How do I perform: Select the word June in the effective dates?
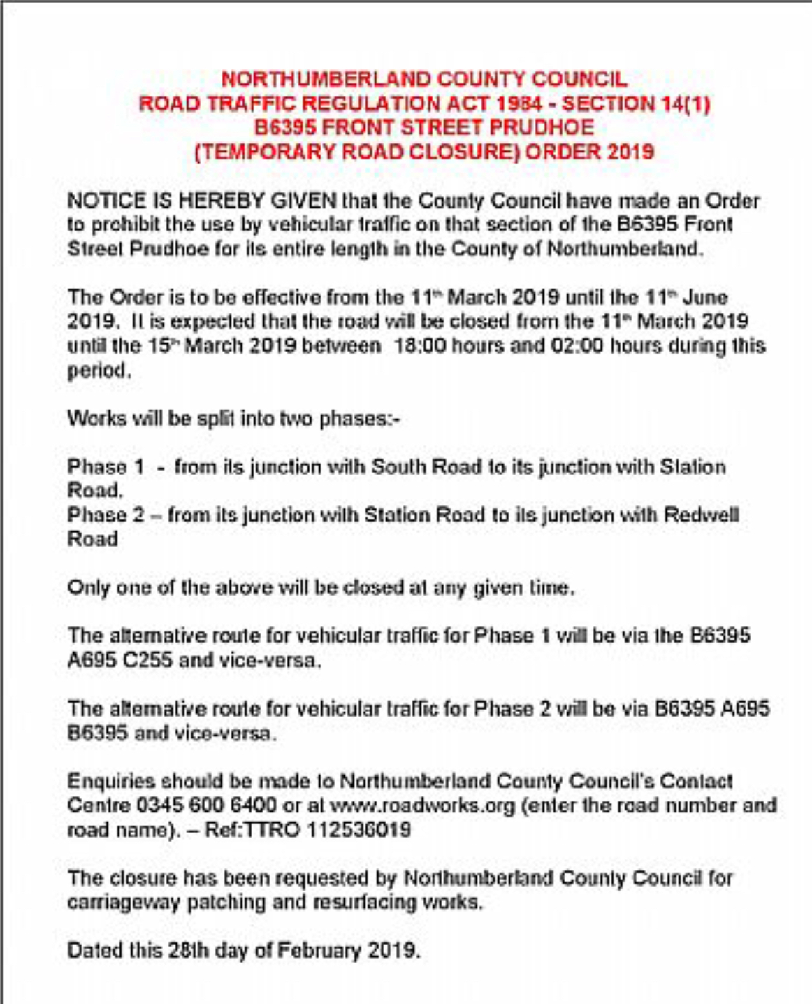pyautogui.click(x=705, y=297)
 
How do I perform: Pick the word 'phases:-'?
pyautogui.click(x=359, y=419)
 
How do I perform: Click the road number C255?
pyautogui.click(x=147, y=660)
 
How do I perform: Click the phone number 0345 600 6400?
pyautogui.click(x=206, y=805)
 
